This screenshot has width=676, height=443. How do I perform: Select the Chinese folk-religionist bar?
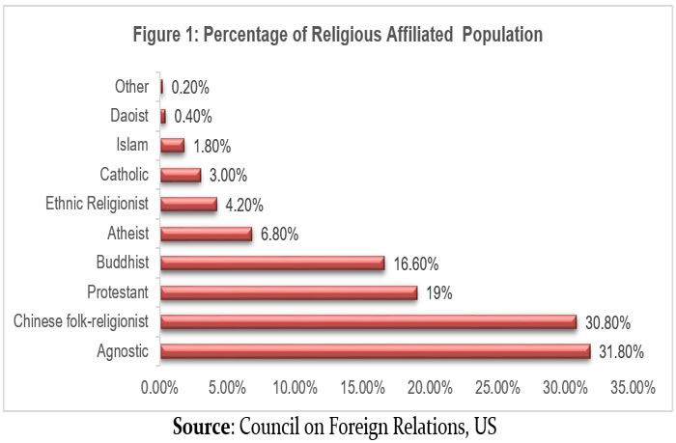point(368,322)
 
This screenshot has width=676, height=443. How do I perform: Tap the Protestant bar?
point(289,292)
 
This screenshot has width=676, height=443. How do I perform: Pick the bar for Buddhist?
point(272,263)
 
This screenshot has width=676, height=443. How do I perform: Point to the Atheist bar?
point(206,234)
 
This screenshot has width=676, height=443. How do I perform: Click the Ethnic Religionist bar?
point(188,204)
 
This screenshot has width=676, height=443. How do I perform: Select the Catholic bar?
point(181,175)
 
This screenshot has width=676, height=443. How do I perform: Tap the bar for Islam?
point(172,146)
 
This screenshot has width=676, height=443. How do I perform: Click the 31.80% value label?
point(623,352)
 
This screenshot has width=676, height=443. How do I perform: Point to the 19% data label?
point(439,292)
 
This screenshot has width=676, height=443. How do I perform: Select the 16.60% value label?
point(417,263)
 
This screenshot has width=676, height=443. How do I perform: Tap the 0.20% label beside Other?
point(190,87)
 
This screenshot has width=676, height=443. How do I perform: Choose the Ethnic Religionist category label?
point(98,204)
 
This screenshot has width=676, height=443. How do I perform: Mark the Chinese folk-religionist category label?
point(82,322)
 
